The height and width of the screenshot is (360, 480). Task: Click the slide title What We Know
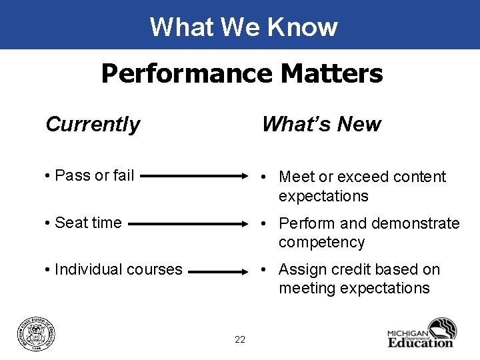[243, 27]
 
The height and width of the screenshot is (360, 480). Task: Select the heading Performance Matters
[242, 73]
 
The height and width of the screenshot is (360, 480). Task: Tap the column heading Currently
[93, 124]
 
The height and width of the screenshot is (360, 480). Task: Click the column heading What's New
[321, 124]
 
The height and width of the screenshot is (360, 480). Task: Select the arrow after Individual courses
[221, 271]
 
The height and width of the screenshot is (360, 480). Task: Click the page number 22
[240, 340]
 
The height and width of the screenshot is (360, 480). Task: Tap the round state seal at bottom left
[37, 332]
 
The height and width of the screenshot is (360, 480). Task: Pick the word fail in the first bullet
[123, 175]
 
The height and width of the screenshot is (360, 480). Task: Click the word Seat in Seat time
[70, 223]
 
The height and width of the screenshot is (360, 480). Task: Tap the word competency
[321, 242]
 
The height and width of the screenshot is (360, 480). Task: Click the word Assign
[300, 269]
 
